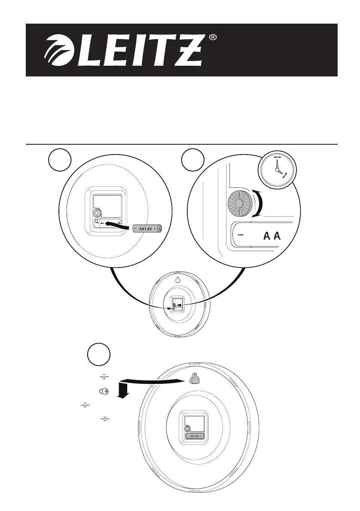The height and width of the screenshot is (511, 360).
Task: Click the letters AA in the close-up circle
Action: point(272,237)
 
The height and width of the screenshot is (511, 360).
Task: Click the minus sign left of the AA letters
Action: point(241,235)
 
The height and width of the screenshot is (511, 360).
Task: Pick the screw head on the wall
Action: point(104,392)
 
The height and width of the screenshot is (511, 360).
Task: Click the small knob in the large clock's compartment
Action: point(187,428)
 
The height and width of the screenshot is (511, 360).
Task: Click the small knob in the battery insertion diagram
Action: point(97,213)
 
